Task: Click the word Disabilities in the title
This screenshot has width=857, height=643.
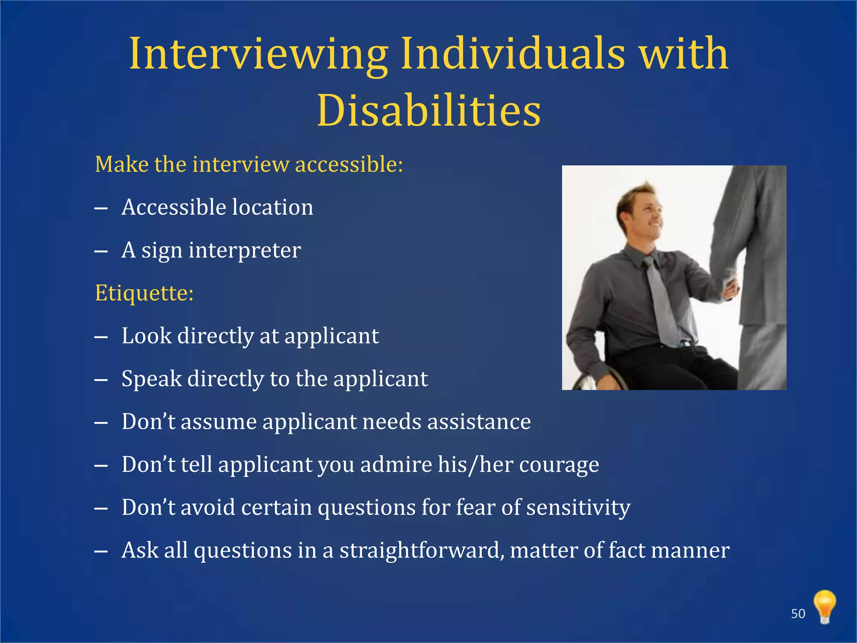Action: pos(429,111)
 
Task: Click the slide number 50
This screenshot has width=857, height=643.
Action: pos(798,614)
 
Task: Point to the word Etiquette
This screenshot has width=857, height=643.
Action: pos(144,293)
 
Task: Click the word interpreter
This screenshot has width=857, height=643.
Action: pos(244,250)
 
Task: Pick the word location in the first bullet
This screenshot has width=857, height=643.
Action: pos(272,207)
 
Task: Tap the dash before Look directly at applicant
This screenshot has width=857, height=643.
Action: pos(101,337)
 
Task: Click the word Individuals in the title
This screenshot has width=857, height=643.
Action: pos(513,54)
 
